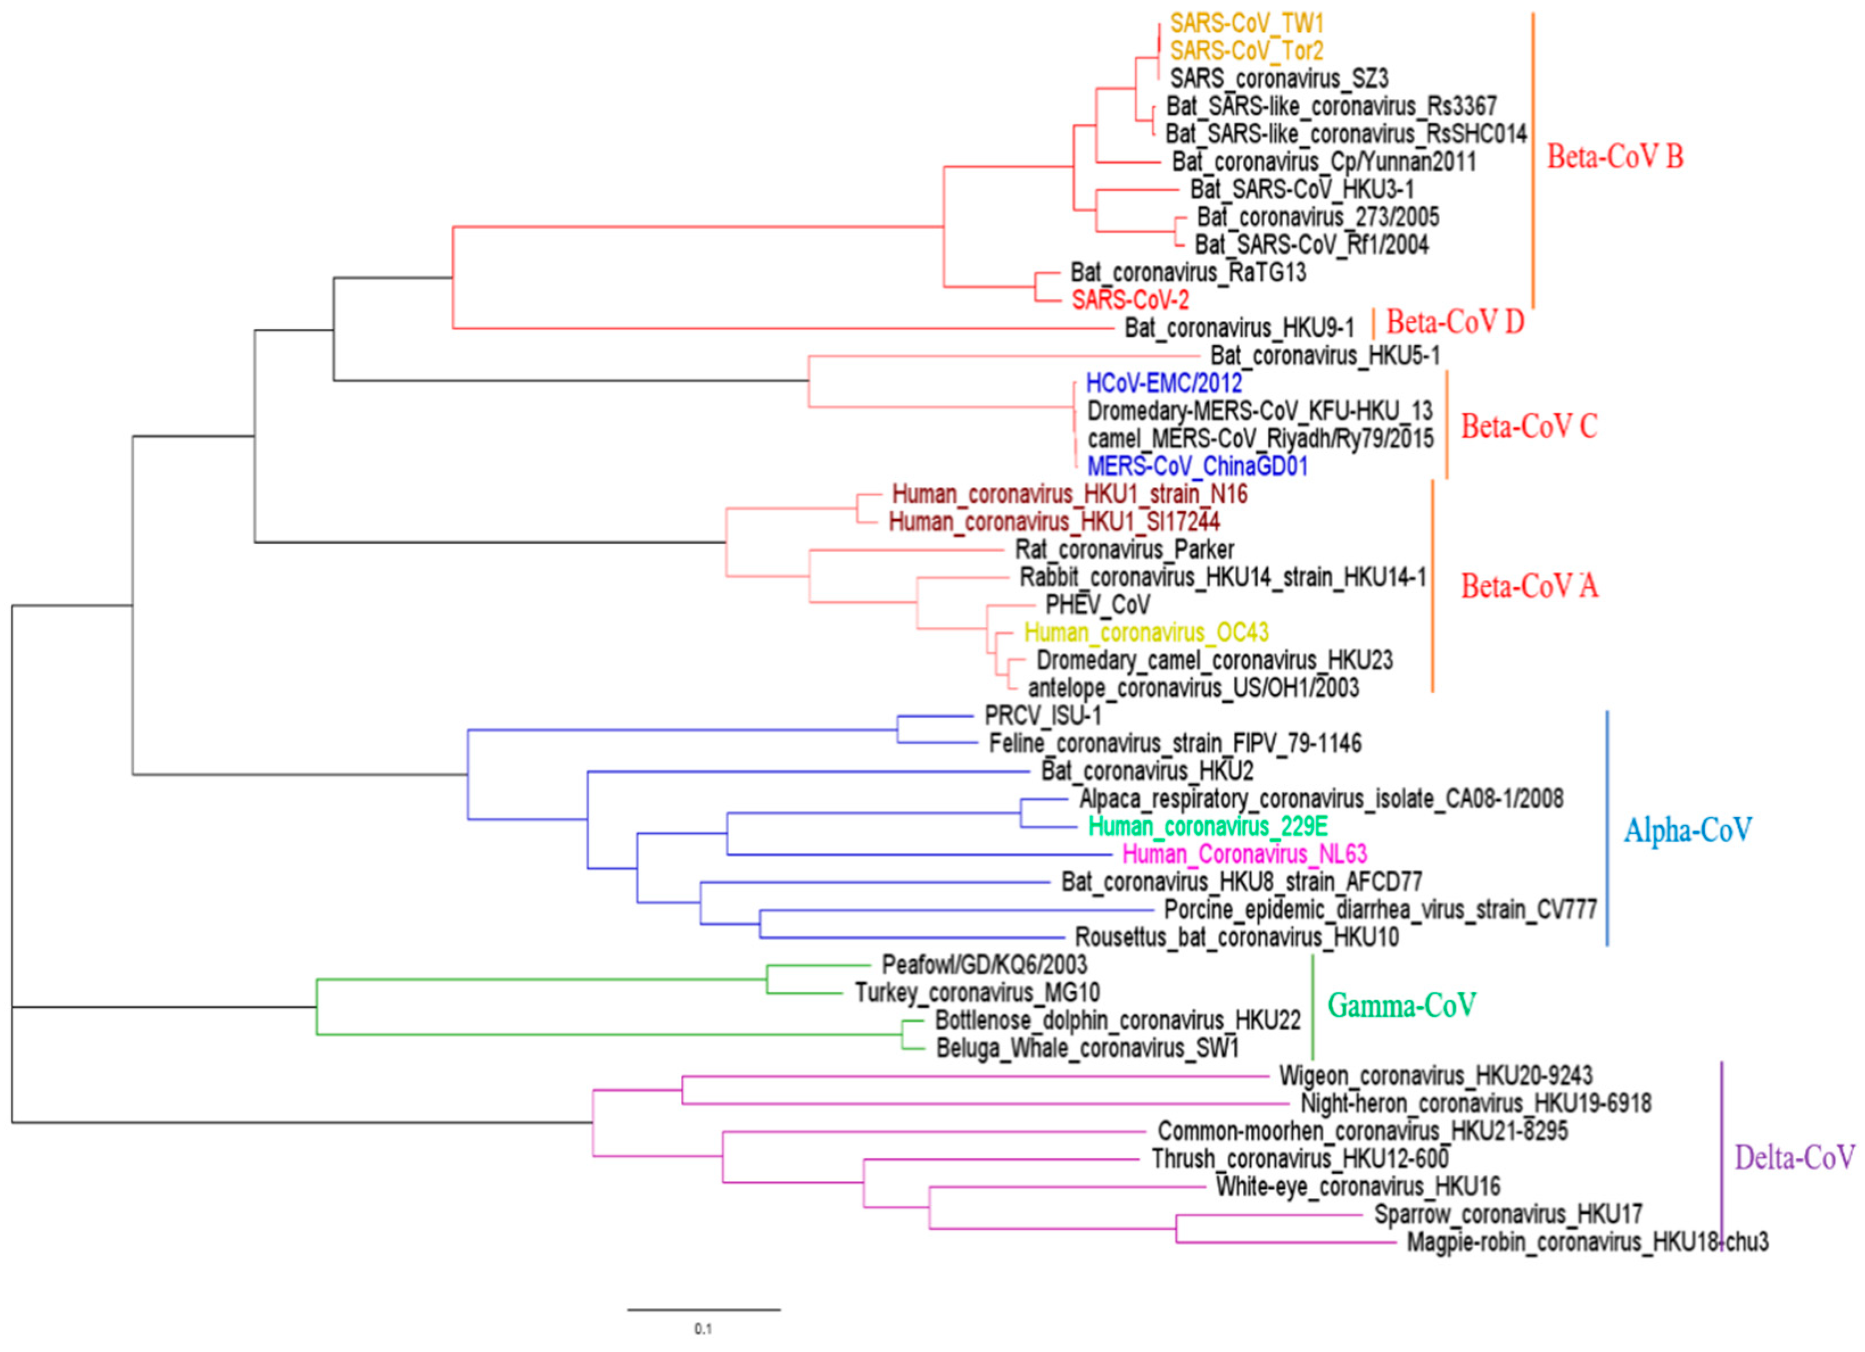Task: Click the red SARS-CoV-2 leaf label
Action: tap(1130, 300)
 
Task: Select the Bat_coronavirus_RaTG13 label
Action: tap(1188, 272)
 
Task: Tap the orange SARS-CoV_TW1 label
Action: tap(1247, 23)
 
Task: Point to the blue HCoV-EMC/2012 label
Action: tap(1164, 383)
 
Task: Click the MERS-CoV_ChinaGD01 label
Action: tap(1197, 466)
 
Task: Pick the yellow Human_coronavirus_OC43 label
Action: tap(1146, 632)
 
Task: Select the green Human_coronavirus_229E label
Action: tap(1207, 826)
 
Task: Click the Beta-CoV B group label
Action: tap(1614, 156)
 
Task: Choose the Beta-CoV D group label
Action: tap(1455, 321)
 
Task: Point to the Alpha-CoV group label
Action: tap(1686, 830)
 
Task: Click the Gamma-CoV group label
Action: tap(1401, 1005)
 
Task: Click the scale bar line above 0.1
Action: tap(704, 1309)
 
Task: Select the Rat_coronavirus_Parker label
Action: tap(1124, 549)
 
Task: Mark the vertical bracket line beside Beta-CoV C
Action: tap(1446, 424)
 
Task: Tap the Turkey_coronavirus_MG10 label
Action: tap(977, 993)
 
